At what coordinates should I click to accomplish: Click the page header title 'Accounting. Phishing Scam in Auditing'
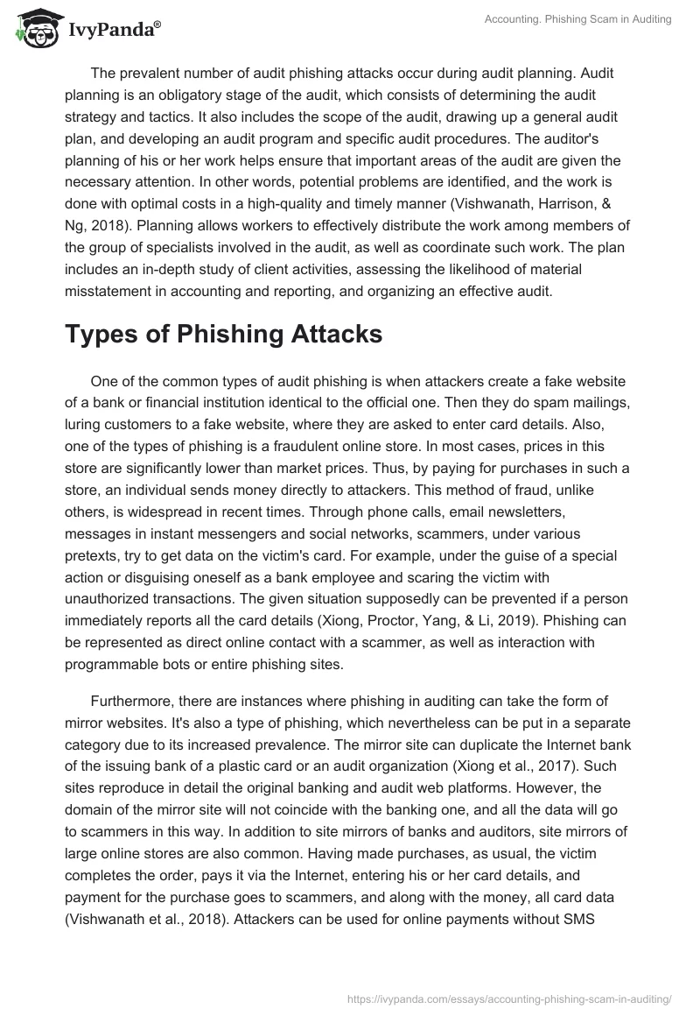click(578, 20)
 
